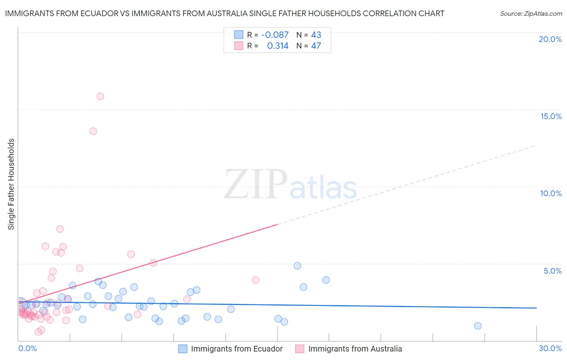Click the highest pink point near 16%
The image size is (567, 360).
point(100,96)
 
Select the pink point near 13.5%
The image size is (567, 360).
point(93,131)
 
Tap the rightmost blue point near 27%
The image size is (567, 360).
point(478,326)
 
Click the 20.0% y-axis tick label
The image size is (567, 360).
point(550,39)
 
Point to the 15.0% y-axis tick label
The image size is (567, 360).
point(551,116)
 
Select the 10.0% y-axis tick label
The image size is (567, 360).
point(551,193)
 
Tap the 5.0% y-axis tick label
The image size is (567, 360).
point(552,271)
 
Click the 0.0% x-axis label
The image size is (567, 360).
point(27,348)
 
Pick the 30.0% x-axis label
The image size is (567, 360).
point(550,348)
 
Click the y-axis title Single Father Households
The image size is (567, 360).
point(11,184)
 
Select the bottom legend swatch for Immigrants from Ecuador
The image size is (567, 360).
point(183,349)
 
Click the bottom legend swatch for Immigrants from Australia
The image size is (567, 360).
point(300,349)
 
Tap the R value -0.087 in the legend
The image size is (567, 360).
point(275,35)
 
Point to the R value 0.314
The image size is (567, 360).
point(277,46)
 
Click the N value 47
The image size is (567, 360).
point(316,46)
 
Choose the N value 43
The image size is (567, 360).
point(316,35)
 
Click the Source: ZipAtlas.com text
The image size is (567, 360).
point(531,14)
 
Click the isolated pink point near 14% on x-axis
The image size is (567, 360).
point(255,280)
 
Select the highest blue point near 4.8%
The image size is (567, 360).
point(297,266)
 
